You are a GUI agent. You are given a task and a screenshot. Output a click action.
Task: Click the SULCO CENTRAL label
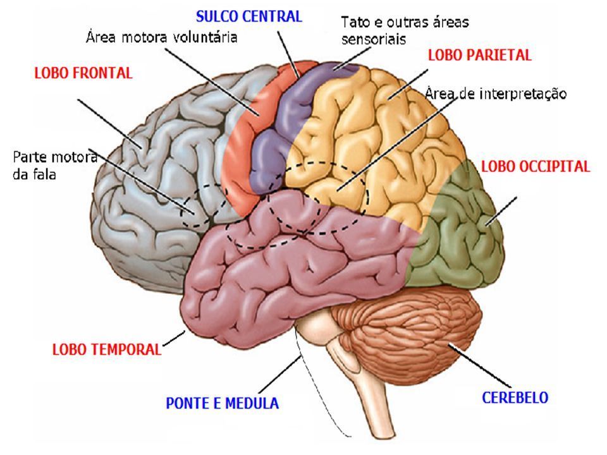tap(249, 16)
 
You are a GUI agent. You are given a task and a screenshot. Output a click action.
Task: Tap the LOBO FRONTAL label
tap(83, 73)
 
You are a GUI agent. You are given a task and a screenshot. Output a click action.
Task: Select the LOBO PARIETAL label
tap(480, 56)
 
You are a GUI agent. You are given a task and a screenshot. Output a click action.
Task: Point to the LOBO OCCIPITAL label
tap(536, 166)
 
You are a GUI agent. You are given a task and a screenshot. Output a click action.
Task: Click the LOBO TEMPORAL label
tap(107, 349)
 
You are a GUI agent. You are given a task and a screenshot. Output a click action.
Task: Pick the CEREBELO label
tap(515, 397)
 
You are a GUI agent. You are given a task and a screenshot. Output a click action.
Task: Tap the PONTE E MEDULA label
tap(223, 403)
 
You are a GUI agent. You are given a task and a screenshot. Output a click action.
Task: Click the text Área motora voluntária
tap(161, 37)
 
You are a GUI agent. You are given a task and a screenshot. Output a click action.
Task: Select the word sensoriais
tap(374, 39)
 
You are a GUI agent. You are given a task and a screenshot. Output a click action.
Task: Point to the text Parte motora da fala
tap(54, 166)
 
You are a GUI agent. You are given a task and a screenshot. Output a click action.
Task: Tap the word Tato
tap(355, 22)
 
